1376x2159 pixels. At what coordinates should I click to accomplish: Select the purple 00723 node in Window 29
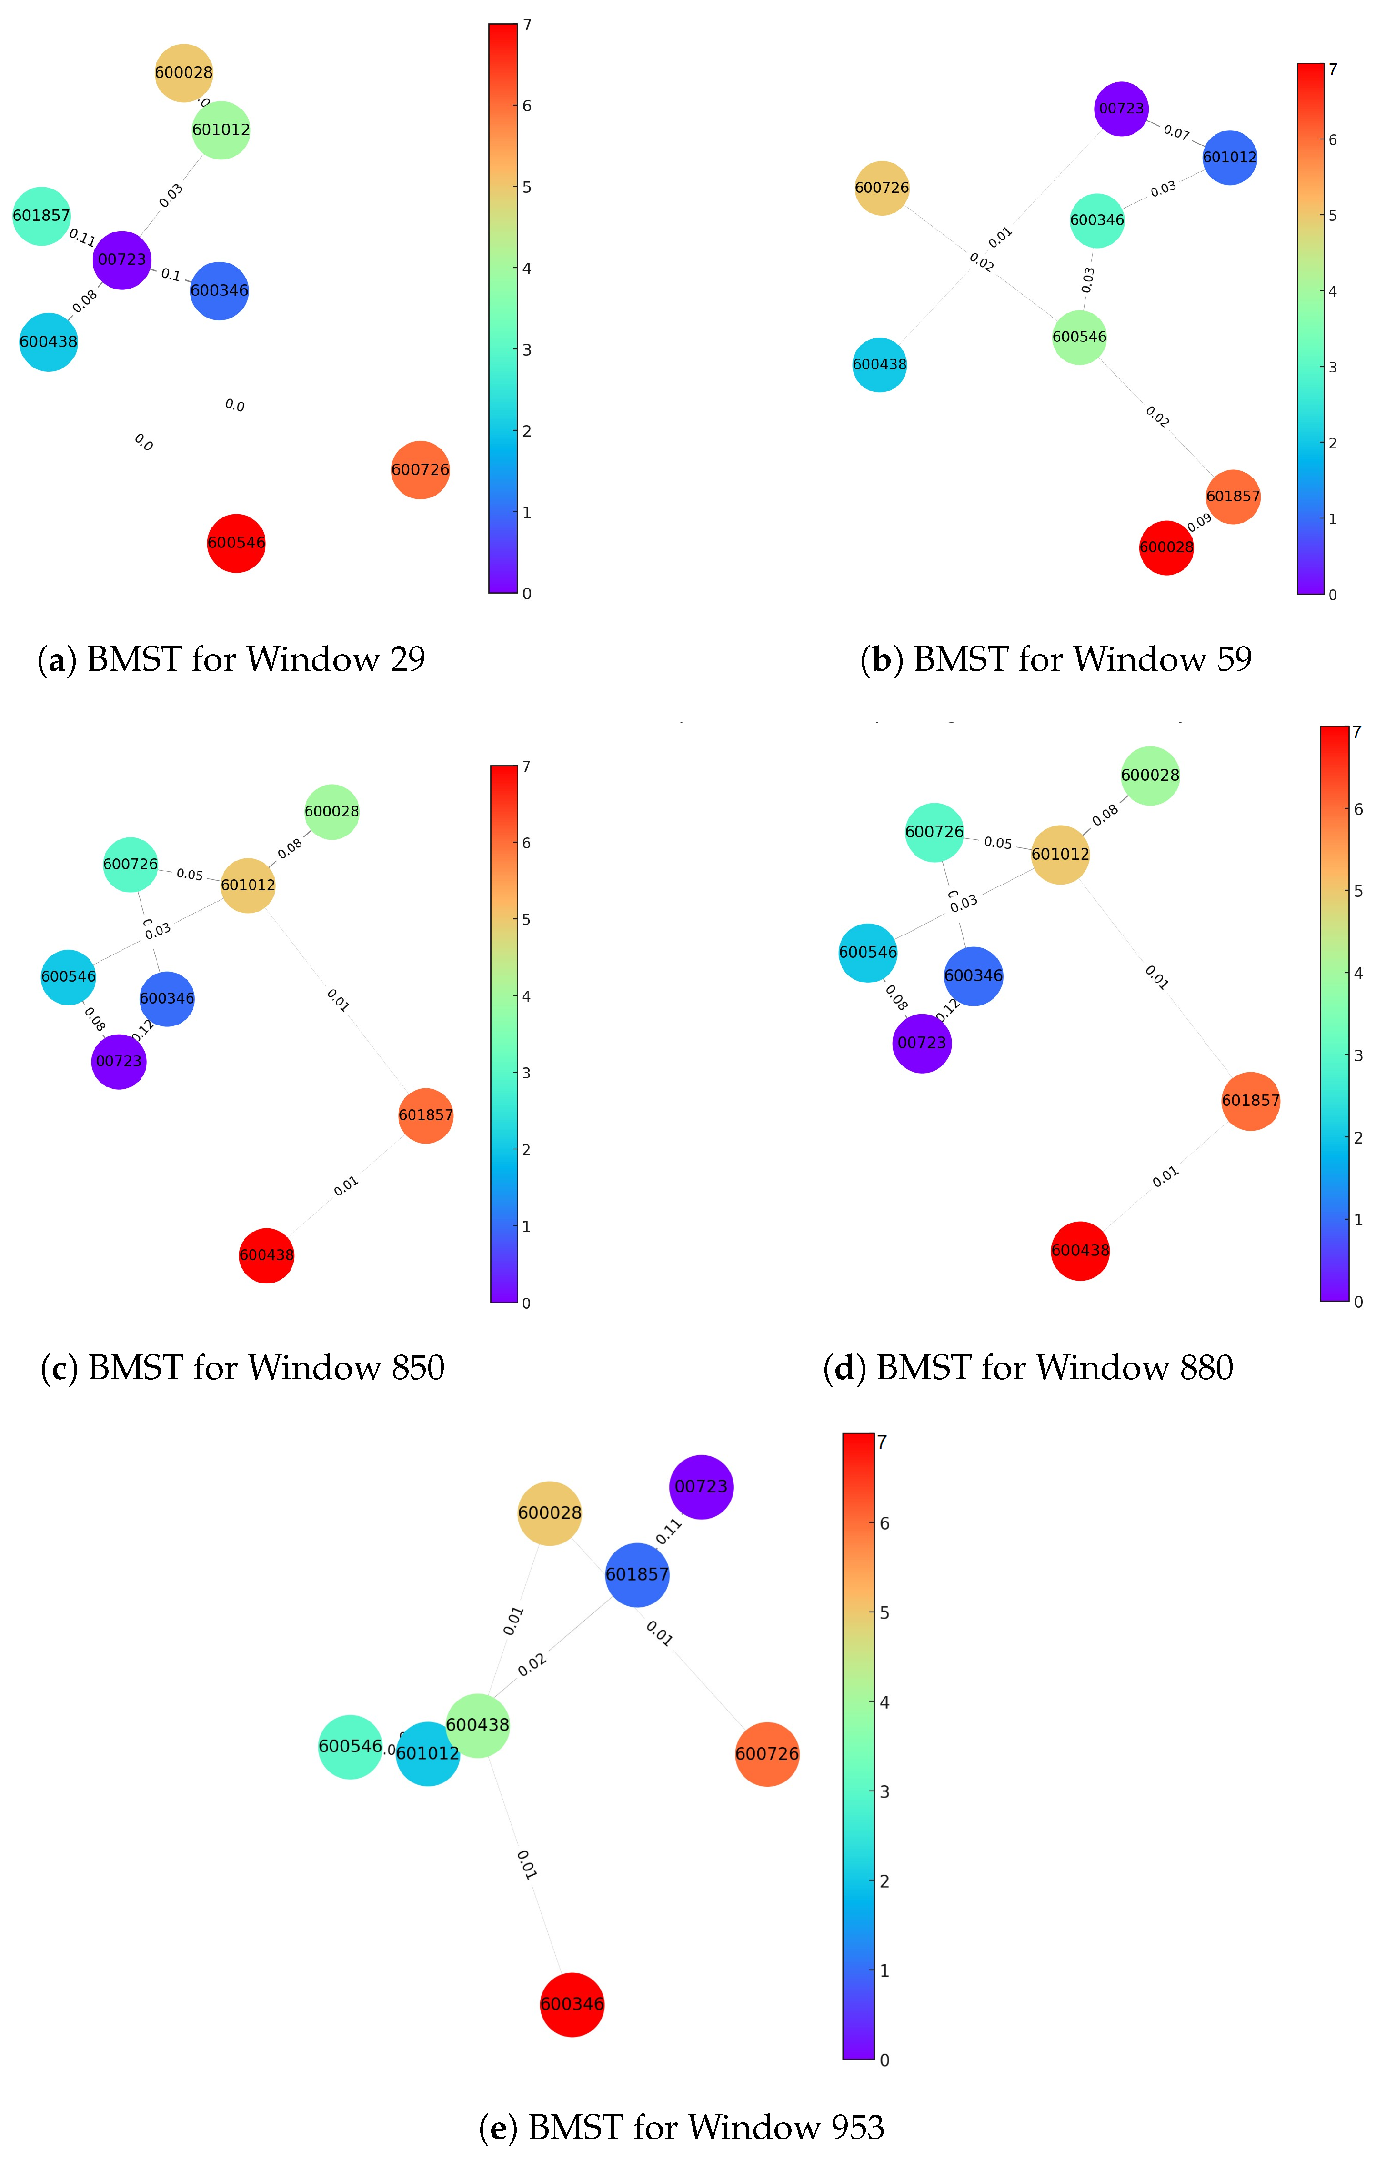[x=122, y=260]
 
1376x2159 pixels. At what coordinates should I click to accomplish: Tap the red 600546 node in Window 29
[x=236, y=542]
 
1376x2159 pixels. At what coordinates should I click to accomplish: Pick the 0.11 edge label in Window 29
[x=81, y=238]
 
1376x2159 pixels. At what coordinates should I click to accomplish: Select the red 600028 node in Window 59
[x=1166, y=547]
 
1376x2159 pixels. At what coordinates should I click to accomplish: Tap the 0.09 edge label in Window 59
[x=1199, y=523]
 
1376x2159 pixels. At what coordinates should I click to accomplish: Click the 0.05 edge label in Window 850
[x=189, y=874]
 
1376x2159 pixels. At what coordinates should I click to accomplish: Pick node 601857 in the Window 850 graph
[x=425, y=1115]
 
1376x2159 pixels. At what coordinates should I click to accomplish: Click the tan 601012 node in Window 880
[x=1059, y=855]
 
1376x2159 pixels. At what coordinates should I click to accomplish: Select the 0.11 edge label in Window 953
[x=669, y=1532]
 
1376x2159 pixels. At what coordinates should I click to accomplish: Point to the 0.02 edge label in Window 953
[x=532, y=1665]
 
